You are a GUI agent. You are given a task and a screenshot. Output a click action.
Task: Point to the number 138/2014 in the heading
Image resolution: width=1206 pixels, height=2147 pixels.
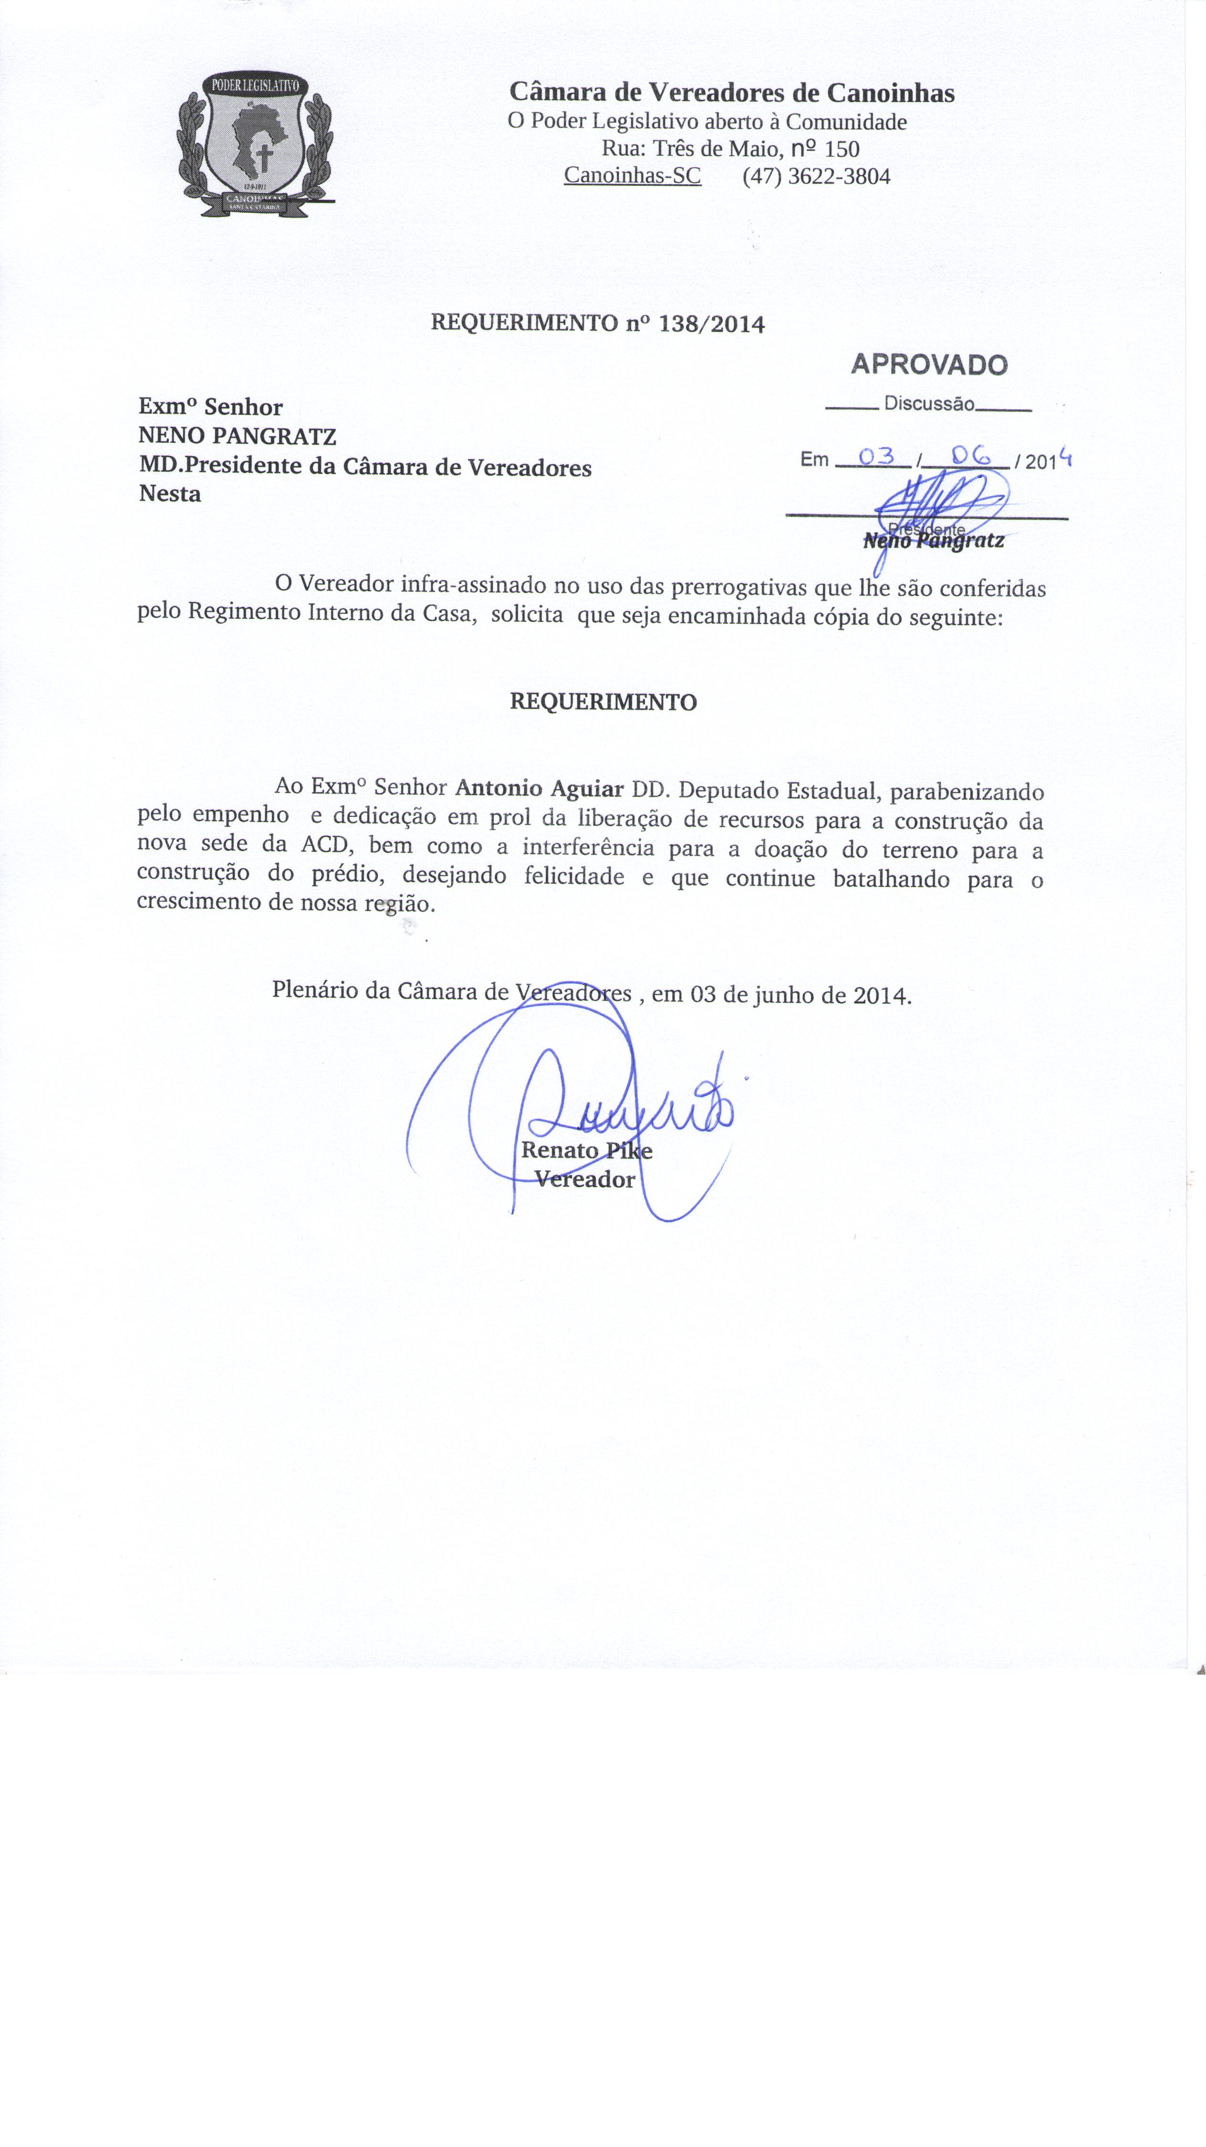tap(711, 324)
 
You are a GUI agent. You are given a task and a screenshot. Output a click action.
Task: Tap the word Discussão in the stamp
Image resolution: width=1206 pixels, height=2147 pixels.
tap(928, 404)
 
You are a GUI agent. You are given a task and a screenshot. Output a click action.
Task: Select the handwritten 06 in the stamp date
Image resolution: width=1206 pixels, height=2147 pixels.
tap(969, 455)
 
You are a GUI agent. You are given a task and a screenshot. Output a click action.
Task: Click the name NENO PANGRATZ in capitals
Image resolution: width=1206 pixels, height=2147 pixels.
tap(238, 436)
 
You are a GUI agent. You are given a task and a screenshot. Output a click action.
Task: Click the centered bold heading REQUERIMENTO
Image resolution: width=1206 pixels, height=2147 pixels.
tap(603, 702)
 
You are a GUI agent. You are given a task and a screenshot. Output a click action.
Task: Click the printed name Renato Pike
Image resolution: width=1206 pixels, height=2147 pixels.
tap(586, 1151)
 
